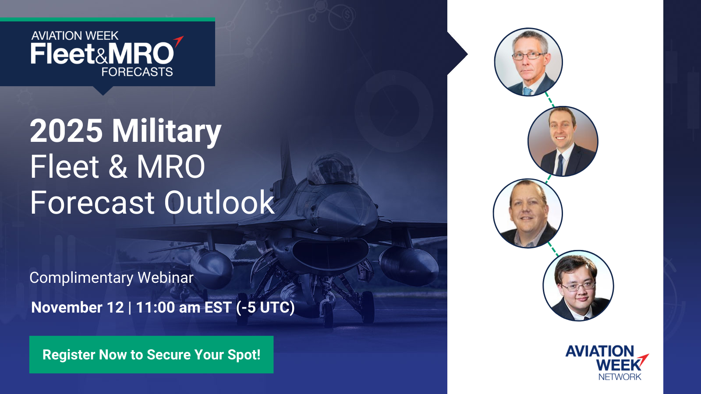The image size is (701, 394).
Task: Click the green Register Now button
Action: [x=152, y=355]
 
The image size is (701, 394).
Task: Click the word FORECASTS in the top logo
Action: [x=137, y=72]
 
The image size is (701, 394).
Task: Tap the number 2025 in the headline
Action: [x=66, y=131]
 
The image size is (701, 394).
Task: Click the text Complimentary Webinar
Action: [x=112, y=278]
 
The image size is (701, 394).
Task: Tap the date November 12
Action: [x=78, y=307]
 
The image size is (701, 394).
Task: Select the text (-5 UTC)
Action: [x=266, y=307]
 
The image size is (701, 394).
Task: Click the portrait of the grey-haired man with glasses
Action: [x=528, y=62]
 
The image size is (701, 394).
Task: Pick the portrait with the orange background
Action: [x=563, y=141]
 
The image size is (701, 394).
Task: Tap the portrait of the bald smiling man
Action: [x=528, y=213]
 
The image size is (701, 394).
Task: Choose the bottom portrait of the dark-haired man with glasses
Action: [x=578, y=285]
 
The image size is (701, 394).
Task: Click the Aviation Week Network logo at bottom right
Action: [x=607, y=363]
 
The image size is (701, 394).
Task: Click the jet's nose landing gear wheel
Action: [x=328, y=313]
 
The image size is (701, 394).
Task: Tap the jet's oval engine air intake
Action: [x=330, y=253]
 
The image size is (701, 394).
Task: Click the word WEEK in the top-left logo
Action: [x=102, y=36]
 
